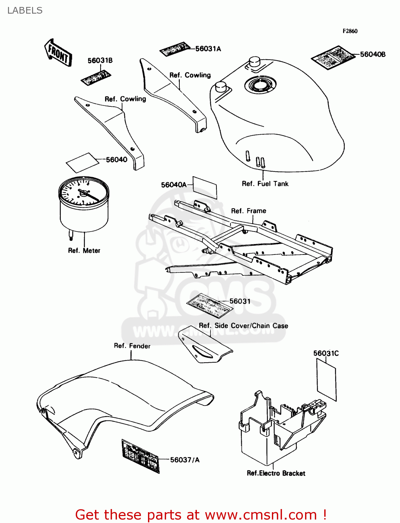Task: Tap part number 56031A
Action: tap(208, 49)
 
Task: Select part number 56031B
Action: tap(100, 61)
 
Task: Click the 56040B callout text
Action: tap(372, 54)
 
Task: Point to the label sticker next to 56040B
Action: tap(333, 57)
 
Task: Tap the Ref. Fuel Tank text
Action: tap(265, 184)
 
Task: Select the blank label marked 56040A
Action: tap(205, 188)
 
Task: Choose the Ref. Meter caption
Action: tap(84, 251)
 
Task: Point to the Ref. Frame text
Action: tap(249, 211)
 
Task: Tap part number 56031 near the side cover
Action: tap(240, 301)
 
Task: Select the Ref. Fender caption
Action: tap(132, 346)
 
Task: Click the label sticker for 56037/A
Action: tap(140, 456)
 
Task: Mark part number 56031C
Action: tap(326, 353)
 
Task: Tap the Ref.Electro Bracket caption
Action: tap(276, 473)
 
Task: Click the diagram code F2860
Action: tap(350, 31)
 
